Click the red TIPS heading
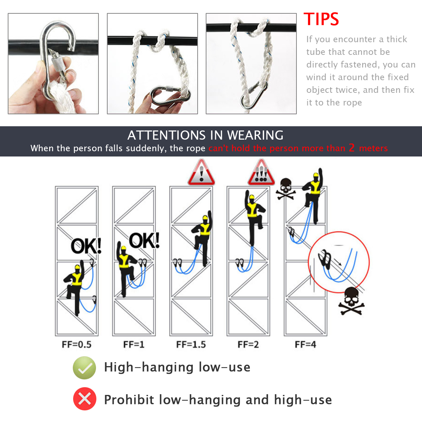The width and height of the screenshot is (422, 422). pyautogui.click(x=321, y=19)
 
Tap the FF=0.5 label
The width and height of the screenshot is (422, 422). pyautogui.click(x=76, y=345)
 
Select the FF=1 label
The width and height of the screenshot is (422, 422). pyautogui.click(x=134, y=345)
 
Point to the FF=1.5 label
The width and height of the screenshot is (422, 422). pyautogui.click(x=191, y=345)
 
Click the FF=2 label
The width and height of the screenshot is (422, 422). pyautogui.click(x=248, y=345)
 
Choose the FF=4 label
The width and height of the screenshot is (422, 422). pyautogui.click(x=306, y=345)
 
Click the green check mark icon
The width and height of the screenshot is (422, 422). pyautogui.click(x=84, y=368)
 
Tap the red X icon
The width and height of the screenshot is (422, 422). pyautogui.click(x=84, y=399)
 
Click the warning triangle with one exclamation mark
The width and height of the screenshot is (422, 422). pyautogui.click(x=201, y=172)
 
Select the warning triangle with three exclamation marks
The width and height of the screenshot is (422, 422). pyautogui.click(x=261, y=172)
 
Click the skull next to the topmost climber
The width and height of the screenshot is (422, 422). pyautogui.click(x=286, y=189)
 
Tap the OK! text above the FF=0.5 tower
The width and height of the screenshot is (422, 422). pyautogui.click(x=86, y=246)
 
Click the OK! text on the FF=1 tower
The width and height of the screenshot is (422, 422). pyautogui.click(x=144, y=241)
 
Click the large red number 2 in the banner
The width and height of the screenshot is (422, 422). pyautogui.click(x=352, y=148)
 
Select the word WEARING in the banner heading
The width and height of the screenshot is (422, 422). pyautogui.click(x=255, y=135)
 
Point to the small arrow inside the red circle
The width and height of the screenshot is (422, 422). pyautogui.click(x=338, y=262)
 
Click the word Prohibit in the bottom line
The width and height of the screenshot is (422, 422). pyautogui.click(x=129, y=399)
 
